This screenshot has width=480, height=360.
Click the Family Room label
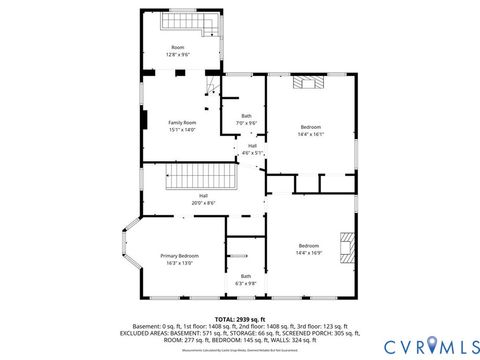(x=182, y=122)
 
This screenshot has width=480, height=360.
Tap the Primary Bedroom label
(x=180, y=257)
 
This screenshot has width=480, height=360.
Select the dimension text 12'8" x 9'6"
(x=178, y=55)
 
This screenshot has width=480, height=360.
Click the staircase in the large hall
(x=204, y=180)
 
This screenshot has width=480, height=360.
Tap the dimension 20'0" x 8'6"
(x=204, y=203)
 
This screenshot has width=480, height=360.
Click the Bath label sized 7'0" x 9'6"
(x=247, y=116)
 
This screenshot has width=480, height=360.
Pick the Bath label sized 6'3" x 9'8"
(x=246, y=277)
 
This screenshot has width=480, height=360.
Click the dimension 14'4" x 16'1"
(x=311, y=132)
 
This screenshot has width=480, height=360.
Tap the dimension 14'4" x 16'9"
(x=308, y=252)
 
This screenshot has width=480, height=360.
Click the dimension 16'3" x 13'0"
(x=180, y=263)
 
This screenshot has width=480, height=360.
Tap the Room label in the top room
(x=178, y=48)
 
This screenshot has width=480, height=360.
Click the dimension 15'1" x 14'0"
(x=182, y=129)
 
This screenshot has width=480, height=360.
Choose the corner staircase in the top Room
(x=207, y=28)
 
